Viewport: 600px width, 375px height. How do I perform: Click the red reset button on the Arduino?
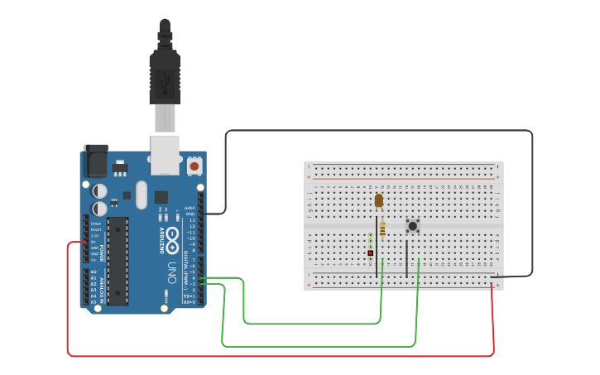[194, 166]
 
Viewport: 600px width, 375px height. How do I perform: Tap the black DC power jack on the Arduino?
[95, 161]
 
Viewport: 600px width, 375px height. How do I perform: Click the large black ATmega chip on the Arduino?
[118, 261]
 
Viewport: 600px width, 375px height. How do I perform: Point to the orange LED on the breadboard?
[379, 200]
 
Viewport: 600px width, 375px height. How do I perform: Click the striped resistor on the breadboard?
[382, 229]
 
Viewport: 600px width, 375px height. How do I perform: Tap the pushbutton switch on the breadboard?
[412, 225]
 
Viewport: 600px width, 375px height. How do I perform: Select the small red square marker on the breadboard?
[370, 252]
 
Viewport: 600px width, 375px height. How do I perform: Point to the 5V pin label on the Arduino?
[94, 242]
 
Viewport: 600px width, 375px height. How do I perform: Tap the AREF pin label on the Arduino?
[190, 208]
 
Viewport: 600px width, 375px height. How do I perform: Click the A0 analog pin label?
[93, 272]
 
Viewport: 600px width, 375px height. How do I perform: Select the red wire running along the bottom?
[281, 356]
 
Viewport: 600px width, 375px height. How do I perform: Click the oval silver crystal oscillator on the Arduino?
[142, 195]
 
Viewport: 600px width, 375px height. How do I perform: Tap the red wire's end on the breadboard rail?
[492, 286]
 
